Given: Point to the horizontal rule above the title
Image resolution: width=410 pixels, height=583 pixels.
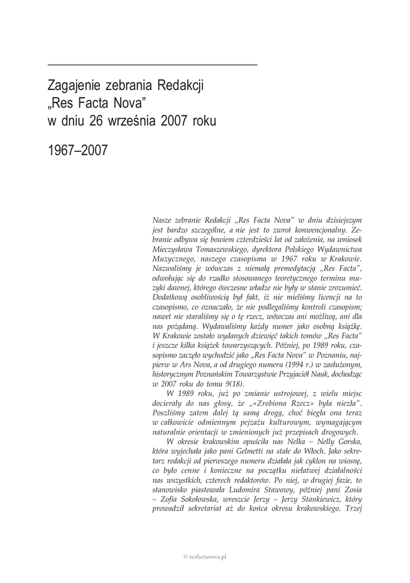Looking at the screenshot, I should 152,65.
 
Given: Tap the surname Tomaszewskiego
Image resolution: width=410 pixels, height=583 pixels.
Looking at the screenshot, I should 231,250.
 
